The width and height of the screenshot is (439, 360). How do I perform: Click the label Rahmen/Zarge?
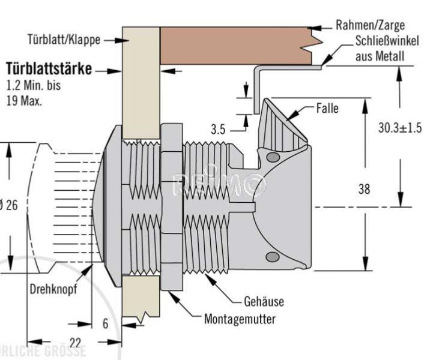point(370,25)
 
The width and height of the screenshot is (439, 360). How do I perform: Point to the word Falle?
point(327,109)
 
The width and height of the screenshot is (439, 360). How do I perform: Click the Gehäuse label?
point(264,301)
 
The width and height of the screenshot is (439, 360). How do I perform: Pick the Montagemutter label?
point(240,319)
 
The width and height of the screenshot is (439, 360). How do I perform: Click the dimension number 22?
point(75,342)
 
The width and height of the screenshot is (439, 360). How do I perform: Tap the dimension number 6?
point(106,324)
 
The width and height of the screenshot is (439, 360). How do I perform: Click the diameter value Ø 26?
point(9,205)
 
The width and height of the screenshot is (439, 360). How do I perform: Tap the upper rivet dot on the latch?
point(273,158)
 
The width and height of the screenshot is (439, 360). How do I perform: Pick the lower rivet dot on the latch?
point(273,257)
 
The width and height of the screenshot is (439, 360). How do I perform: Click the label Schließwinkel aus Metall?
point(378,49)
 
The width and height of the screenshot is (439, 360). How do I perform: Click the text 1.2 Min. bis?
point(33,86)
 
